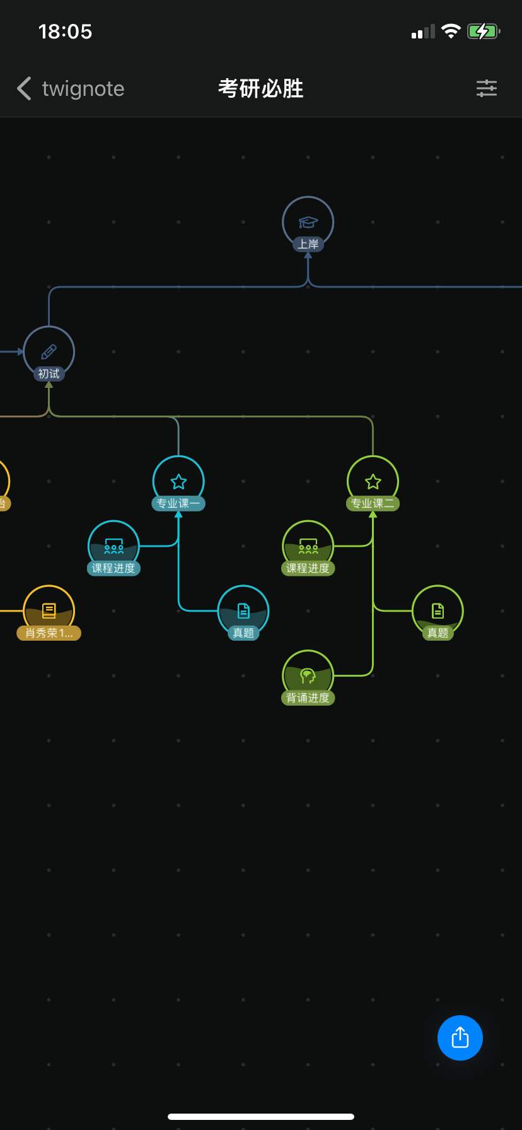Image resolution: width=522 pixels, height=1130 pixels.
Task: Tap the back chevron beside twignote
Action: click(x=25, y=89)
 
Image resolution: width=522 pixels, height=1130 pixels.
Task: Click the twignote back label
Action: click(x=83, y=89)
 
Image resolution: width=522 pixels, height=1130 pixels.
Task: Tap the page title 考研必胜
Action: click(x=260, y=89)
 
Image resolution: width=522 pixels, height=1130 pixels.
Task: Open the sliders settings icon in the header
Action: click(x=486, y=88)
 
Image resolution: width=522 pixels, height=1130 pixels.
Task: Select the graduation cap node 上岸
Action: click(x=308, y=223)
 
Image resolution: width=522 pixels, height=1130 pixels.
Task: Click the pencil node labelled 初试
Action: click(x=49, y=352)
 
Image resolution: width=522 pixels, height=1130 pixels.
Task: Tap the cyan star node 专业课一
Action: click(x=178, y=482)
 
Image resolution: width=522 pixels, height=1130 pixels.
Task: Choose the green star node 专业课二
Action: click(x=373, y=482)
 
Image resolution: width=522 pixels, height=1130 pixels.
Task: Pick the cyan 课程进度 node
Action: click(x=113, y=547)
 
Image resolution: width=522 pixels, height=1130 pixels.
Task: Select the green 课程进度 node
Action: click(x=308, y=547)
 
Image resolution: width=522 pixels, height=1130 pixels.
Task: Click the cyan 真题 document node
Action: click(x=243, y=611)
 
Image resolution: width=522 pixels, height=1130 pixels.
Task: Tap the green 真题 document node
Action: click(x=438, y=611)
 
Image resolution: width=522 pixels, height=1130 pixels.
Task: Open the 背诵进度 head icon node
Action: click(x=308, y=676)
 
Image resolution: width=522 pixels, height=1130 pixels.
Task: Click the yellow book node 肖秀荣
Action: click(x=49, y=611)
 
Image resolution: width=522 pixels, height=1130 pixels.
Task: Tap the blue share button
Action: click(x=460, y=1037)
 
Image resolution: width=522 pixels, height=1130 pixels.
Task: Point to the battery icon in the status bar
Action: click(x=483, y=32)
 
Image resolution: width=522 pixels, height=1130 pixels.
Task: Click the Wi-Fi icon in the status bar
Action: click(x=451, y=32)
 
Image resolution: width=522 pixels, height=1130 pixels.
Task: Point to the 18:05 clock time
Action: click(x=65, y=32)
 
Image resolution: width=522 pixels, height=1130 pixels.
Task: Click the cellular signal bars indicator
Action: click(x=423, y=32)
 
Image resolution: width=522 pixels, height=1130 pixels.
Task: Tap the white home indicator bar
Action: click(x=261, y=1117)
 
